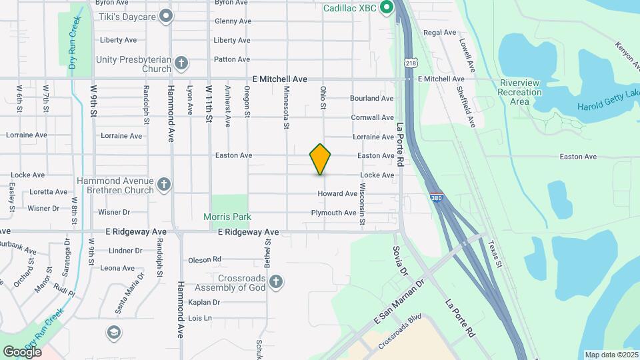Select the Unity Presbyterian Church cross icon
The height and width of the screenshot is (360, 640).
click(181, 64)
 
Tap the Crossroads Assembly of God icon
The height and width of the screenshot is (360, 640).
click(276, 283)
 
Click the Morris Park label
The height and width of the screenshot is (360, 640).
click(228, 217)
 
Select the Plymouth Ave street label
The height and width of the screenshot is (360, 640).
click(333, 213)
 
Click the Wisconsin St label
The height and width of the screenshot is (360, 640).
click(363, 203)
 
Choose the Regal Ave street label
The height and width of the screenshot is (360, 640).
click(439, 32)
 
